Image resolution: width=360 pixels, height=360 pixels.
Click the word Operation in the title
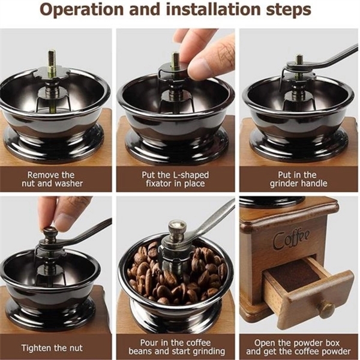[81, 10]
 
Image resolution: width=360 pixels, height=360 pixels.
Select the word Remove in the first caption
[41, 175]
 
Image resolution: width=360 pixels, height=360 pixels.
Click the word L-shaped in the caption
[191, 175]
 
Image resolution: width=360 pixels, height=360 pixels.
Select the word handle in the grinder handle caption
[314, 184]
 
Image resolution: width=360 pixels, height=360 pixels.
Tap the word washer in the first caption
[69, 184]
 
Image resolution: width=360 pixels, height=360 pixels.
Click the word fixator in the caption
[158, 184]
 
